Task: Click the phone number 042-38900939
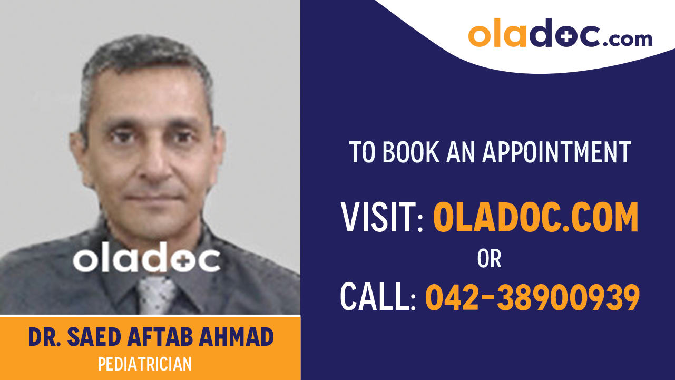pos(532,297)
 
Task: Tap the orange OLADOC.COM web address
pos(535,218)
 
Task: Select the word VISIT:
pos(382,218)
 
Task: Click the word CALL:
pos(378,297)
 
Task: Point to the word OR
pos(489,259)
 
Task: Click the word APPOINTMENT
pos(556,152)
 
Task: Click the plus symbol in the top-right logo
pos(562,35)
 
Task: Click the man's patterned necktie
pos(156,296)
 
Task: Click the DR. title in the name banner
pos(43,337)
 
